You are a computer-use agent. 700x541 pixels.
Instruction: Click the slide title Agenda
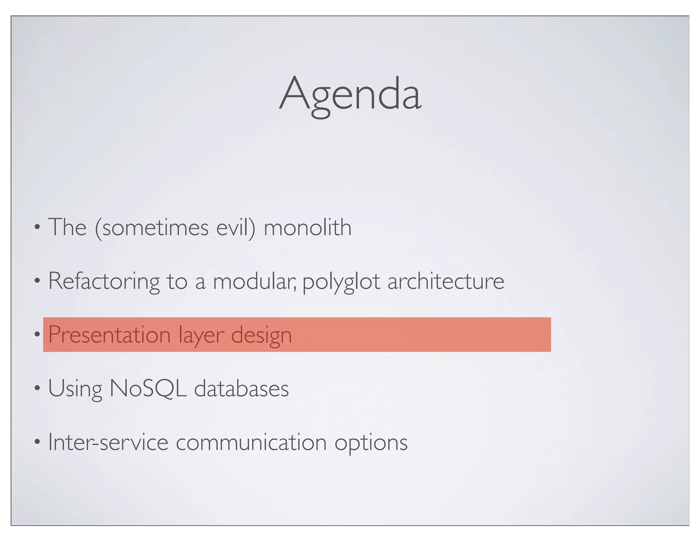click(x=350, y=94)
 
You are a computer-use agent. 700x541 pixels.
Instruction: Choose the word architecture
click(x=446, y=281)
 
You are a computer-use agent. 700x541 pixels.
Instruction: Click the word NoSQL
click(x=148, y=388)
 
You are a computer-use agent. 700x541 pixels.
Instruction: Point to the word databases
click(x=241, y=388)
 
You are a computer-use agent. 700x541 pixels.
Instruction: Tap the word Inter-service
click(x=108, y=442)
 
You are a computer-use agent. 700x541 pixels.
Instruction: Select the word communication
click(x=251, y=442)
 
